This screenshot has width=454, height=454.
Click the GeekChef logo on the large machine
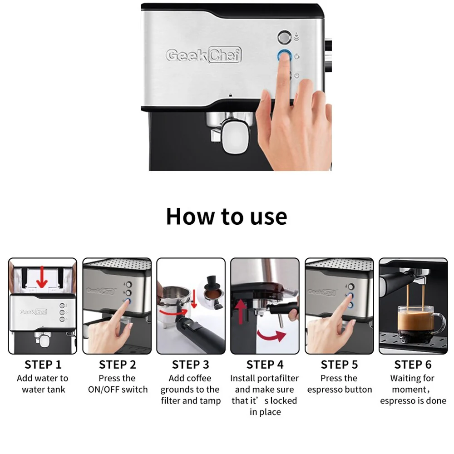(203, 55)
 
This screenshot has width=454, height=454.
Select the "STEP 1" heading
(43, 365)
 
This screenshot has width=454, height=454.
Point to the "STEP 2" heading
(117, 365)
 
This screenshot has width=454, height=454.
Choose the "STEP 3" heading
(191, 365)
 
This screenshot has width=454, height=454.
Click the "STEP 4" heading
(265, 365)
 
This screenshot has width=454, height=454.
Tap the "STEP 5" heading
(339, 365)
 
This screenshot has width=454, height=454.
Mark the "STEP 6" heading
(413, 365)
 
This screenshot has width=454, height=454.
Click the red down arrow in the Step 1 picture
(42, 277)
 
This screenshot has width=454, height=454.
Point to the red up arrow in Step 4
(241, 312)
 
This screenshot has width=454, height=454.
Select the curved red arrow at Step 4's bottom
(271, 337)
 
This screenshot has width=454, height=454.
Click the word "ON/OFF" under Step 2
(104, 390)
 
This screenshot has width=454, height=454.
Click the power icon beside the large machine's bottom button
(297, 75)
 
